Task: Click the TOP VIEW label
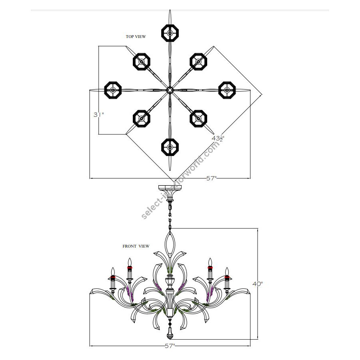tap(136, 36)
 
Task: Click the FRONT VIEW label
tap(136, 246)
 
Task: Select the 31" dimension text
tap(99, 114)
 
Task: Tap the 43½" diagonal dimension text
tap(218, 138)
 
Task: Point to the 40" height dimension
tap(258, 284)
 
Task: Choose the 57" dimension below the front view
tap(170, 346)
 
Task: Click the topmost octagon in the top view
tap(170, 33)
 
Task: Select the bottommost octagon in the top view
tap(170, 147)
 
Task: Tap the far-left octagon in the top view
tap(113, 90)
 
